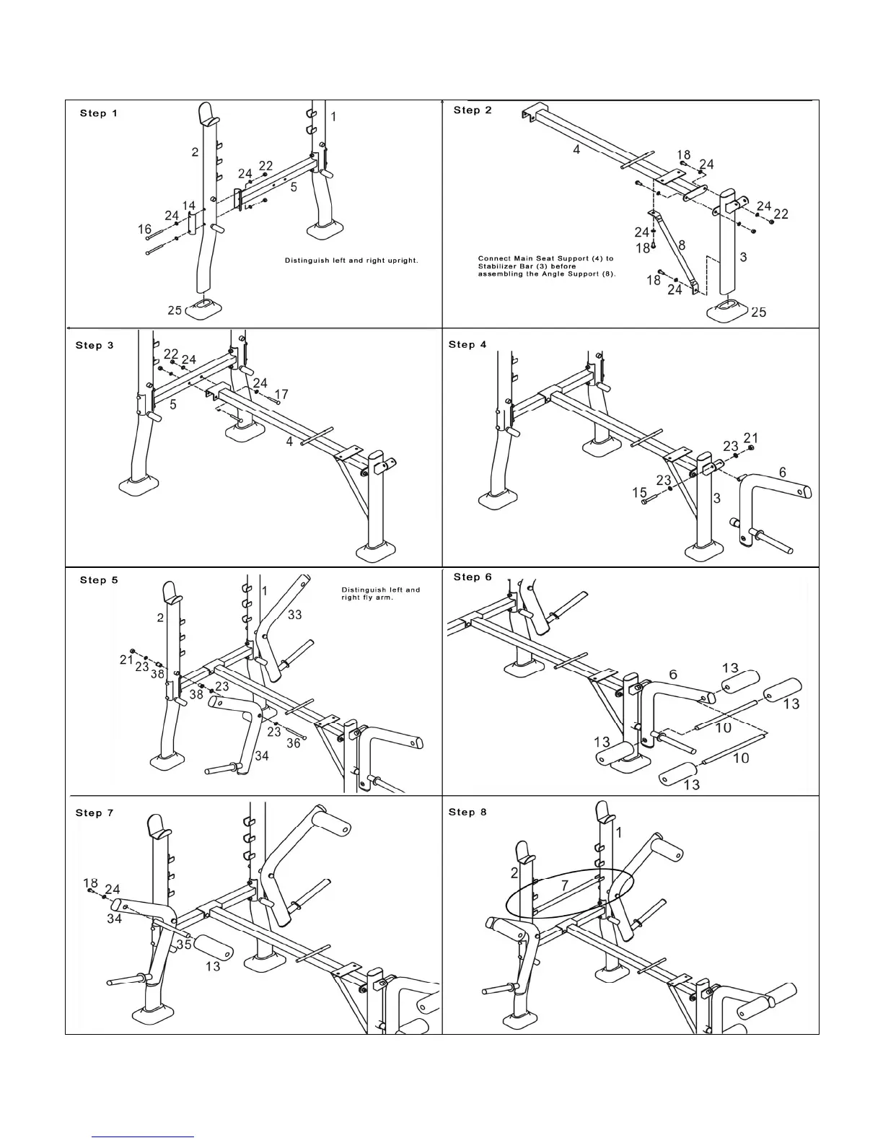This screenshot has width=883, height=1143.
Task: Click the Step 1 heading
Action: click(98, 113)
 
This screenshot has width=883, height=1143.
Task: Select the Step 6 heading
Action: click(473, 577)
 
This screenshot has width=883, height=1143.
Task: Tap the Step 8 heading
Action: click(467, 813)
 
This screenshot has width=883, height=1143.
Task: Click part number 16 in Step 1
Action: click(145, 229)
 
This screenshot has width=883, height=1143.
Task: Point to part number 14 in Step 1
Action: click(189, 206)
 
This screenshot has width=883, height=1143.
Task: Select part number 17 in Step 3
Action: click(281, 394)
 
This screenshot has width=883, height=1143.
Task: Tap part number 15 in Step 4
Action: click(639, 493)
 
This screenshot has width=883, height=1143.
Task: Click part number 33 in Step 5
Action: click(295, 615)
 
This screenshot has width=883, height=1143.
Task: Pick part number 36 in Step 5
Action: click(294, 743)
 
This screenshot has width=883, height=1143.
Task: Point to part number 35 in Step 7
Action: click(184, 943)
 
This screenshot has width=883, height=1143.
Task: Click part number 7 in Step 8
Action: click(564, 884)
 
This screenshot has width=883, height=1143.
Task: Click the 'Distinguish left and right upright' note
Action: click(351, 260)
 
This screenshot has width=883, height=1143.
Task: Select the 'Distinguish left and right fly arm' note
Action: click(380, 593)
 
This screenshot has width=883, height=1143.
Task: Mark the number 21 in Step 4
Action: click(751, 438)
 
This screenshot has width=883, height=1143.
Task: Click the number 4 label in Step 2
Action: click(576, 149)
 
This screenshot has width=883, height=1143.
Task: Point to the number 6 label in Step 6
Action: click(672, 674)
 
